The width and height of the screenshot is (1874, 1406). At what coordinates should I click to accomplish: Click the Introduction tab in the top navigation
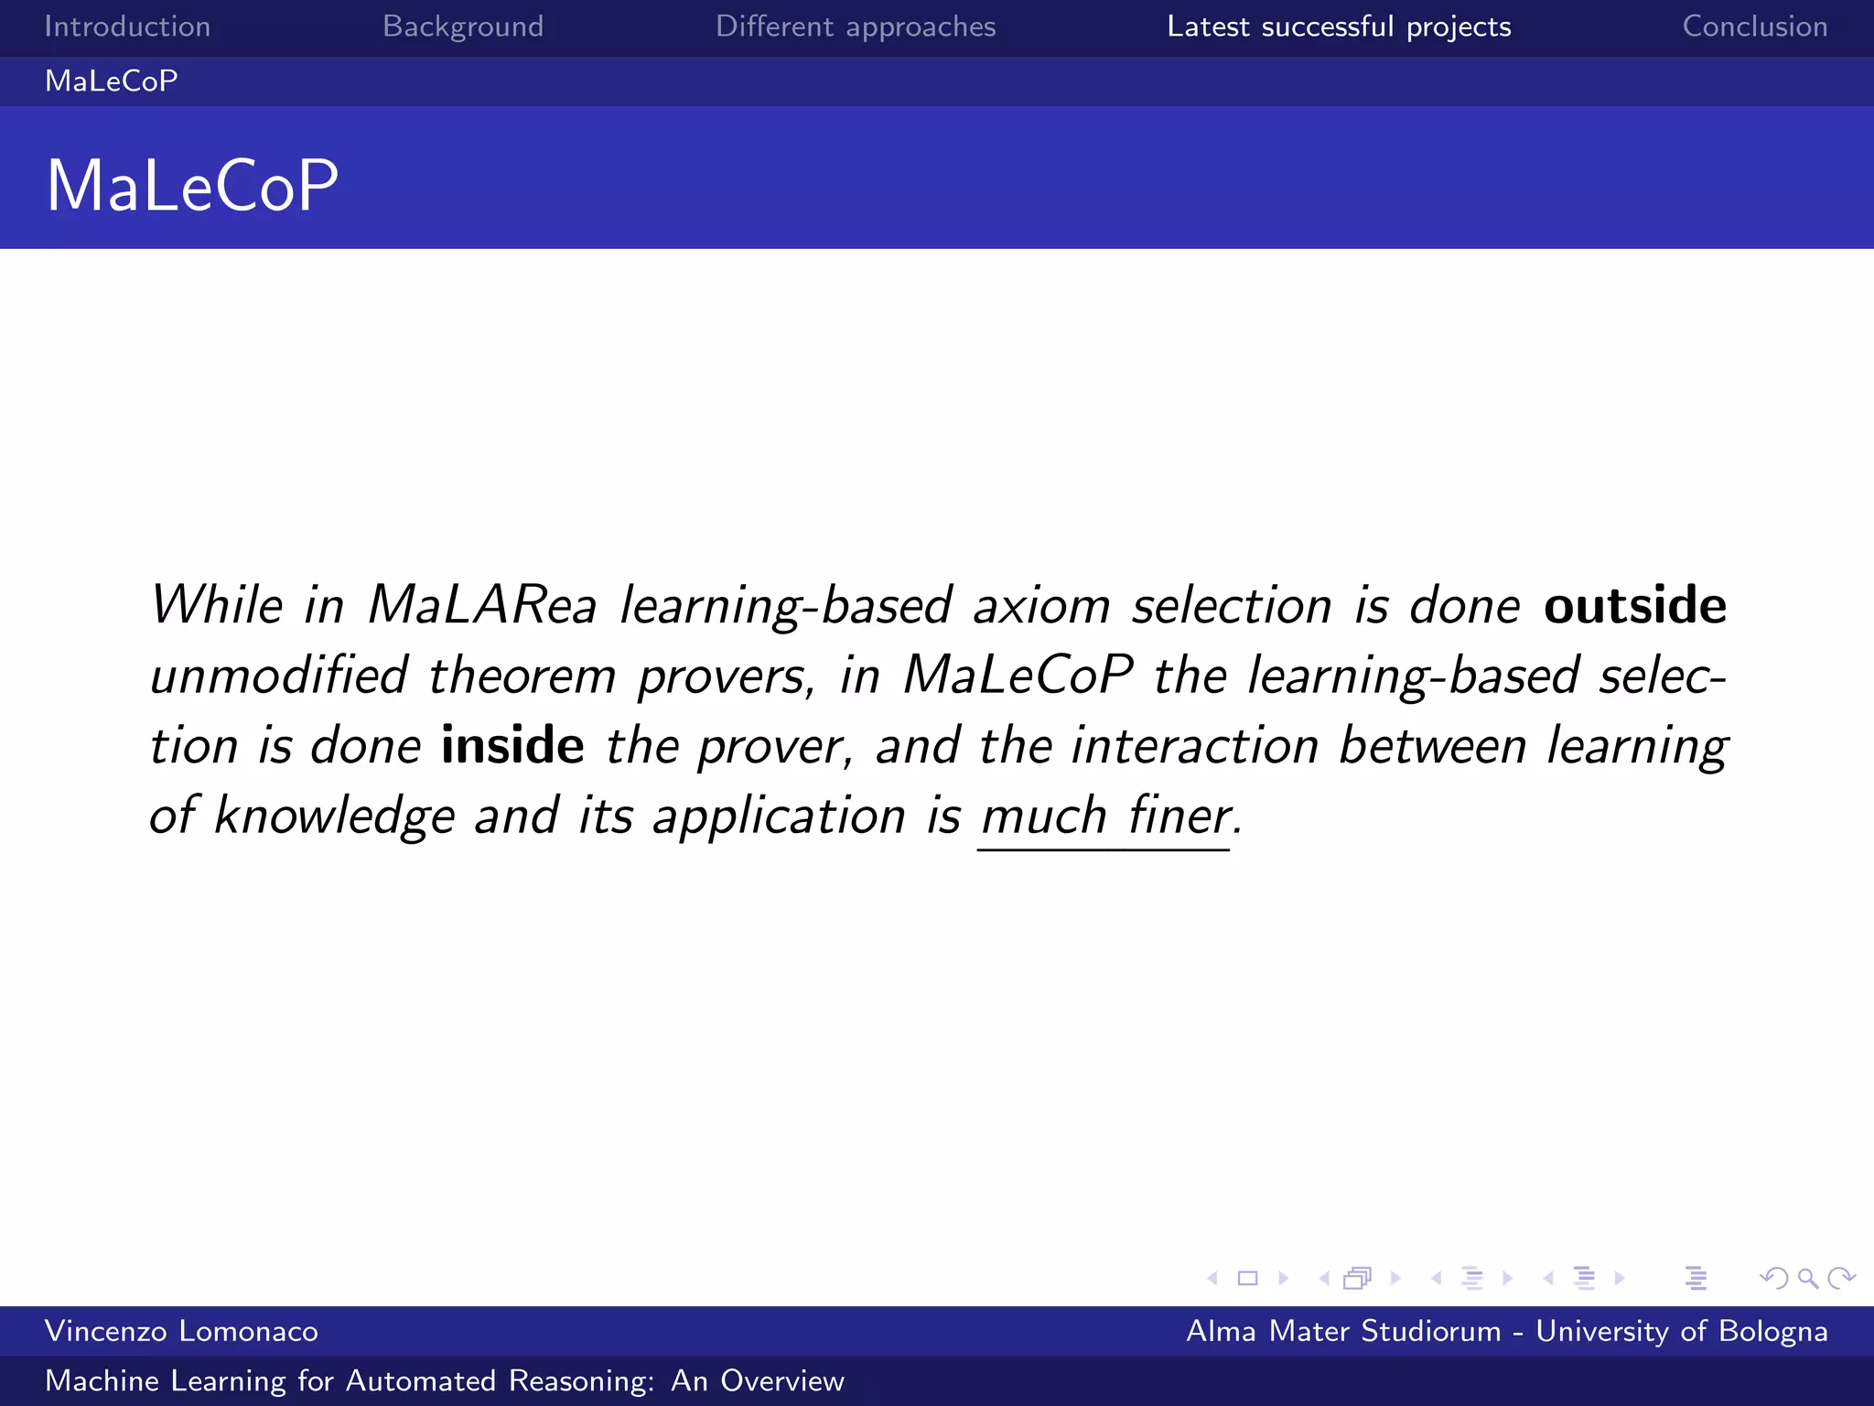click(127, 27)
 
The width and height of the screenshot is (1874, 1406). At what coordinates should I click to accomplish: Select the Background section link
click(463, 27)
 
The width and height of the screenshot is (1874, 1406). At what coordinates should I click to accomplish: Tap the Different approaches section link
click(856, 27)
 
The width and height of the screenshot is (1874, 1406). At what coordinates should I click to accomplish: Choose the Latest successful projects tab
click(1339, 27)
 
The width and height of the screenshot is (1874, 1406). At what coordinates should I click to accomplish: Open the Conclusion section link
click(1755, 27)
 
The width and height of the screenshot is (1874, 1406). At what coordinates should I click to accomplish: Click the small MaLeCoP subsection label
click(112, 81)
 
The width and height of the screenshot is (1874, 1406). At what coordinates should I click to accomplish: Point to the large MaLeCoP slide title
click(192, 186)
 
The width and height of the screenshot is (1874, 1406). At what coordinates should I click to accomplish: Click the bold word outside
click(1635, 606)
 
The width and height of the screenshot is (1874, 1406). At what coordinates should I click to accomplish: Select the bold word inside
click(512, 745)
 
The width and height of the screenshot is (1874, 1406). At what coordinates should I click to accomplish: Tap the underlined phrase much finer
click(1105, 815)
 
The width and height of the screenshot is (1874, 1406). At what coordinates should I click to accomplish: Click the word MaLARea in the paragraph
click(482, 606)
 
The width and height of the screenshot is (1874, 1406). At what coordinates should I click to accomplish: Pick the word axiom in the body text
click(1041, 606)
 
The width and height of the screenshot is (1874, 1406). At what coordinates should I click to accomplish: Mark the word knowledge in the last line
click(334, 815)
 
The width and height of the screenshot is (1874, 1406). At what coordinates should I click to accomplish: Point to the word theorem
click(522, 676)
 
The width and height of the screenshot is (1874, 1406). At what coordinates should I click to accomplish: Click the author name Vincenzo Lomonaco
click(181, 1331)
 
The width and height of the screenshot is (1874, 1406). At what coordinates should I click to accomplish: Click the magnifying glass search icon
click(1807, 1278)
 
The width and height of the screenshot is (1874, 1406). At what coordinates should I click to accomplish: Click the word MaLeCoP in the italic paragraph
click(1018, 676)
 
